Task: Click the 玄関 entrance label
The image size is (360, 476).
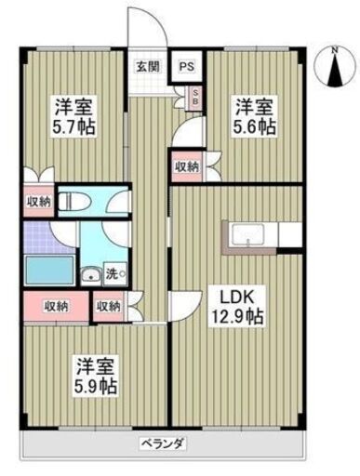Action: (146, 67)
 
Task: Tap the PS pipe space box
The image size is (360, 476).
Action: (187, 67)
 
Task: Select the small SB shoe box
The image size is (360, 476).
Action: (194, 96)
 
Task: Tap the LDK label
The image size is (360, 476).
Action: (237, 297)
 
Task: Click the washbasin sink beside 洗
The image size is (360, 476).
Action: (92, 274)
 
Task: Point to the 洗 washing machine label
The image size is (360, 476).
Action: (112, 274)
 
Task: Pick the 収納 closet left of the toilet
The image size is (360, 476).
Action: (38, 202)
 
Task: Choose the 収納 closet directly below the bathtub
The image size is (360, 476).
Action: (55, 305)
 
